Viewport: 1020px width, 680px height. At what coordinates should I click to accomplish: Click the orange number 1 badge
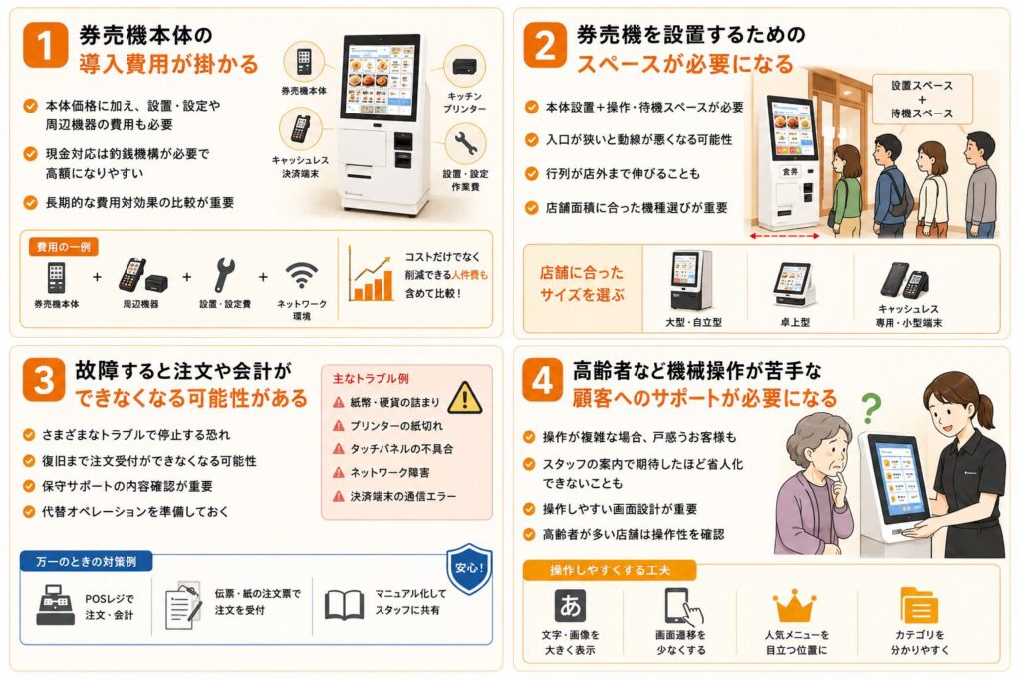point(45,44)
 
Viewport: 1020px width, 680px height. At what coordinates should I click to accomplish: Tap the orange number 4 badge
point(542,380)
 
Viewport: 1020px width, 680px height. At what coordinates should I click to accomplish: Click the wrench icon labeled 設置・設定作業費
point(465,144)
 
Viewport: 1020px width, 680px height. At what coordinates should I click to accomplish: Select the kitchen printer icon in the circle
point(464,66)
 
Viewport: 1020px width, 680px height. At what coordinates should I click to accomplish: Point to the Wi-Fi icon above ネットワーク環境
point(301,276)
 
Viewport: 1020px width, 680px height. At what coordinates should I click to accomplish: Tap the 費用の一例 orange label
point(63,246)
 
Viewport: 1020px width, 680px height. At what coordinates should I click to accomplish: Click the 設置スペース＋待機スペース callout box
point(921,99)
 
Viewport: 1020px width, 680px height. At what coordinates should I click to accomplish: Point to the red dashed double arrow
point(784,236)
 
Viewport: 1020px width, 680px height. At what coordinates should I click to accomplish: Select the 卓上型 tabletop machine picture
point(794,284)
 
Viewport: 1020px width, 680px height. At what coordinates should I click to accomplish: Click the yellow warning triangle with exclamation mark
point(465,398)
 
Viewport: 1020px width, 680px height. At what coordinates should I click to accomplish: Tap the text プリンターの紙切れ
point(396,426)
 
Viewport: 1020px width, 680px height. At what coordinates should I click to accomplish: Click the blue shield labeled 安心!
point(469,568)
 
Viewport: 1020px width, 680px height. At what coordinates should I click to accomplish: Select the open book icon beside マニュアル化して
point(344,604)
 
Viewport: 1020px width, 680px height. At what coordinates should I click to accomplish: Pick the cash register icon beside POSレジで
point(56,605)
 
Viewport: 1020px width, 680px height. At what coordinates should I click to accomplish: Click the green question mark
point(871,408)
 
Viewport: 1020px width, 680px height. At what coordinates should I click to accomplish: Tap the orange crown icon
point(794,605)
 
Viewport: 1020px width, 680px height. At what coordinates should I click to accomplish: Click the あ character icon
point(570,605)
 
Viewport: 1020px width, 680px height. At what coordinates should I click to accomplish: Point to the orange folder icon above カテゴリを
point(919,605)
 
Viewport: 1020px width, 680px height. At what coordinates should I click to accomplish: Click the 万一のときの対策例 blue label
point(87,562)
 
